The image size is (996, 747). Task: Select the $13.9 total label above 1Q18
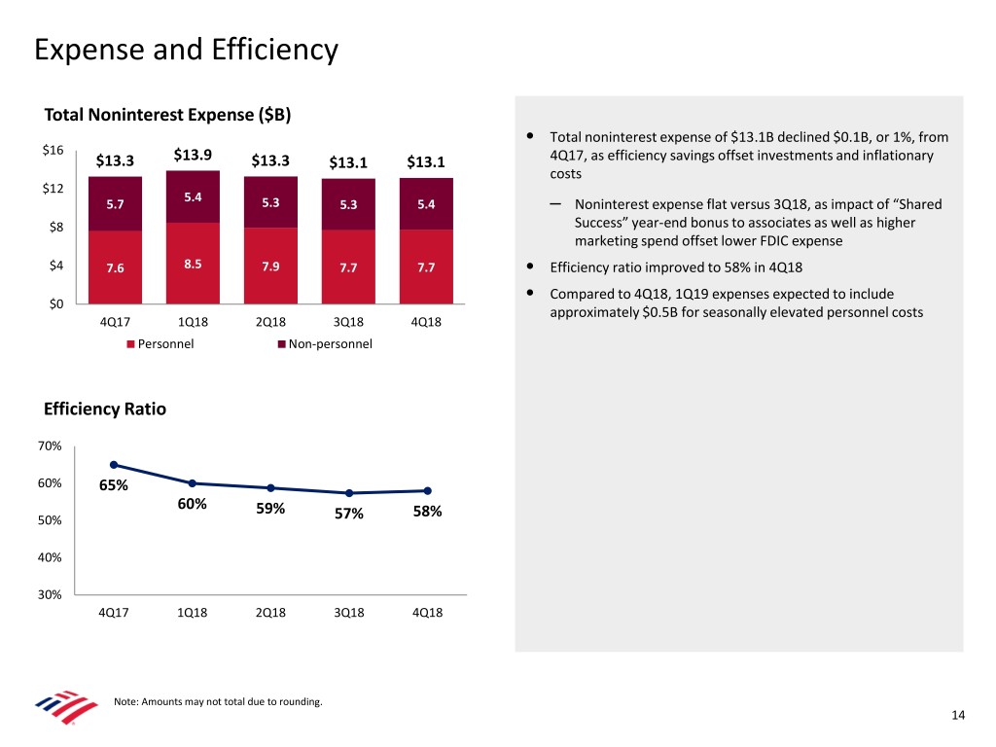click(193, 155)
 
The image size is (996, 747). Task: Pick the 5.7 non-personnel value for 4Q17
click(115, 204)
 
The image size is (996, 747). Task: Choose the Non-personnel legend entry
click(324, 343)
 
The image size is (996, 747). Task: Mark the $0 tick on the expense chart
click(56, 304)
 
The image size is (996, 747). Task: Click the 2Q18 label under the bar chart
click(270, 323)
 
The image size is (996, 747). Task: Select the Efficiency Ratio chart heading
click(105, 409)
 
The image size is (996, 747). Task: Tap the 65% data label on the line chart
click(113, 486)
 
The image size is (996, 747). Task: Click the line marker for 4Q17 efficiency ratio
click(114, 465)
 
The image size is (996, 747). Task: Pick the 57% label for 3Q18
click(348, 514)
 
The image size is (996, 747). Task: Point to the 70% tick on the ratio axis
click(51, 445)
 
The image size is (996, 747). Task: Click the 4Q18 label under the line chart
click(426, 613)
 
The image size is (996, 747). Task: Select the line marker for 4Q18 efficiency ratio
click(427, 490)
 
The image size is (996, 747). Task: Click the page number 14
click(958, 716)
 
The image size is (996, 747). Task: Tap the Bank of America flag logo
click(66, 708)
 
